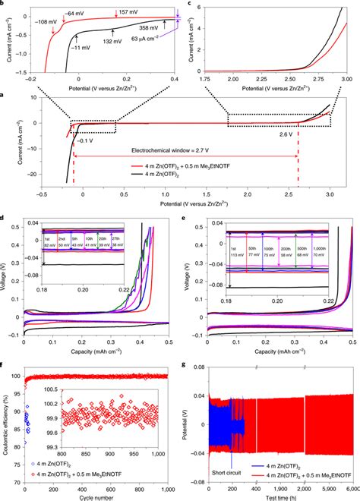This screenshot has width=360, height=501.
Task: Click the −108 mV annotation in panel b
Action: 37,20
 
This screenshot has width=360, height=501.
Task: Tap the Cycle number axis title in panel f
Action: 103,496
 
